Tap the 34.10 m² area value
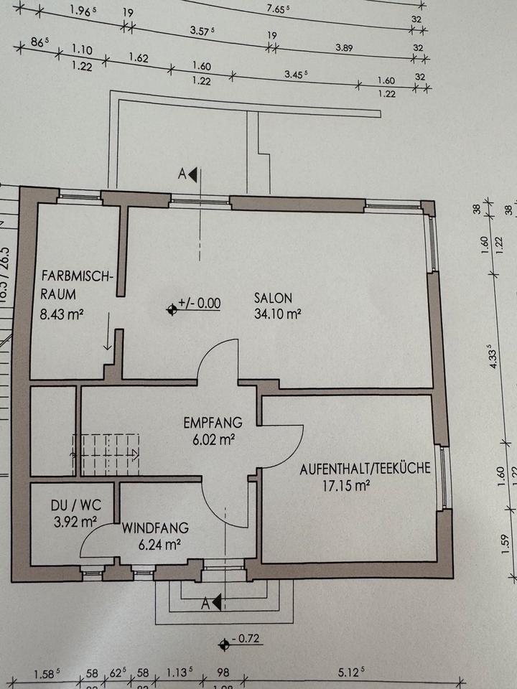[x=277, y=313]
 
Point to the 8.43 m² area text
[x=63, y=313]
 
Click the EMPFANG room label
[x=213, y=422]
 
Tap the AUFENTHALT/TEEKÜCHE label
[x=365, y=469]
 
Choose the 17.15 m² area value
[x=347, y=486]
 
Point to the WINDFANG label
[x=155, y=528]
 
